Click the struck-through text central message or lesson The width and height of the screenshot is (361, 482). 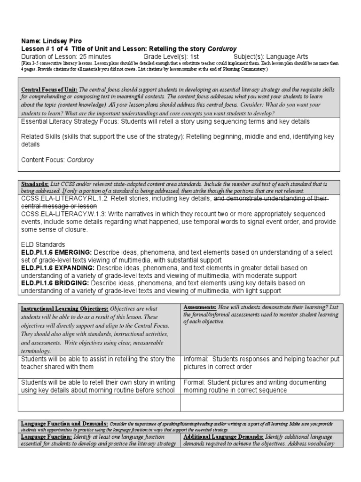[59, 206]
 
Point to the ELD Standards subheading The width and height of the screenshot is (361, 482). [43, 245]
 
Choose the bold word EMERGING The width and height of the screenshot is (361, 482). [70, 252]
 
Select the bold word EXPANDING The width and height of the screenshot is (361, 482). [71, 267]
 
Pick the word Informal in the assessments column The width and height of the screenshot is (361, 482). [196, 359]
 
